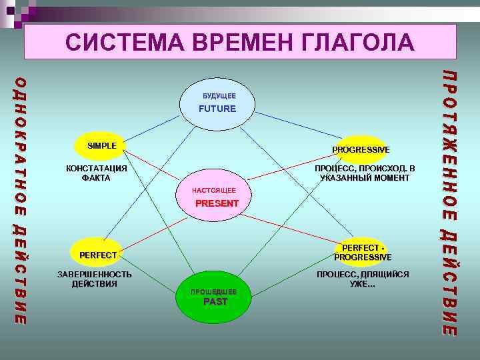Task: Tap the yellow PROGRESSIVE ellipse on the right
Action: click(x=361, y=149)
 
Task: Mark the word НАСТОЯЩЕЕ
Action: click(x=213, y=191)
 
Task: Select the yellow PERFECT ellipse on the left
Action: click(x=97, y=254)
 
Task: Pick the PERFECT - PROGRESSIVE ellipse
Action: click(x=362, y=252)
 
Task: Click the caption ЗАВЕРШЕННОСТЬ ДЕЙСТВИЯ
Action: click(x=94, y=279)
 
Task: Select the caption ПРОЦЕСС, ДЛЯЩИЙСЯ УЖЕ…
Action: click(x=363, y=279)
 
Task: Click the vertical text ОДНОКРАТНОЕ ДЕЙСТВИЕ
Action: click(x=21, y=200)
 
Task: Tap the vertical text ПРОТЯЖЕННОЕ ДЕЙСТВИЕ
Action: click(x=450, y=200)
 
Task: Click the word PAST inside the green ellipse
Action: click(x=215, y=302)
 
